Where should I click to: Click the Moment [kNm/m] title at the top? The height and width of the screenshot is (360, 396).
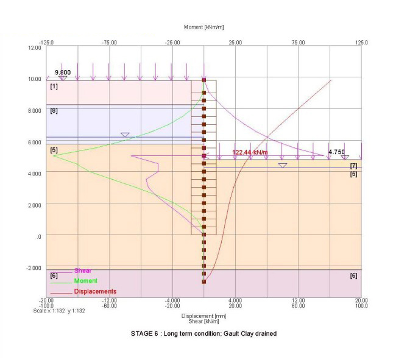[x=203, y=28]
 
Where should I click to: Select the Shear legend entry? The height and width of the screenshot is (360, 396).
[x=82, y=271]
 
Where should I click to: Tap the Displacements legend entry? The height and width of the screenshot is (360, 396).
[x=95, y=291]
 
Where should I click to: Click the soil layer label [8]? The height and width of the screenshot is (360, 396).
[x=54, y=111]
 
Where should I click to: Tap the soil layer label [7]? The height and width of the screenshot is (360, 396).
[x=354, y=166]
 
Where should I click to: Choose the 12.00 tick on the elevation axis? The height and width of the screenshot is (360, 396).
[x=35, y=48]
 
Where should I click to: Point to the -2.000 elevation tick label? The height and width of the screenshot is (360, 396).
[x=33, y=268]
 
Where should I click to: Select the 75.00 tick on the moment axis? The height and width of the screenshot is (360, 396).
[x=298, y=43]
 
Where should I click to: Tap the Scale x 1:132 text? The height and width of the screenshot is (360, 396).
[x=57, y=311]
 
